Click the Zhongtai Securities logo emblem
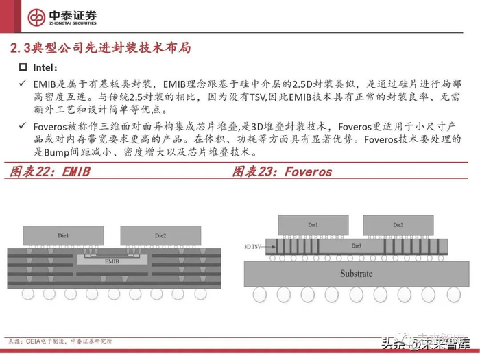pos(36,18)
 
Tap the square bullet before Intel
pos(23,68)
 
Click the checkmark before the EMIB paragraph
pos(23,84)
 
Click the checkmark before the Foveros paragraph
pos(23,126)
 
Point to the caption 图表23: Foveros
pos(282,172)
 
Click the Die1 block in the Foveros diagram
pos(313,225)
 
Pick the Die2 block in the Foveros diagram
pos(398,225)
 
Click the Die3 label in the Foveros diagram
pos(356,245)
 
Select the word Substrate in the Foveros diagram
pos(356,274)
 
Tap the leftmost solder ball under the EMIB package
pos(28,293)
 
